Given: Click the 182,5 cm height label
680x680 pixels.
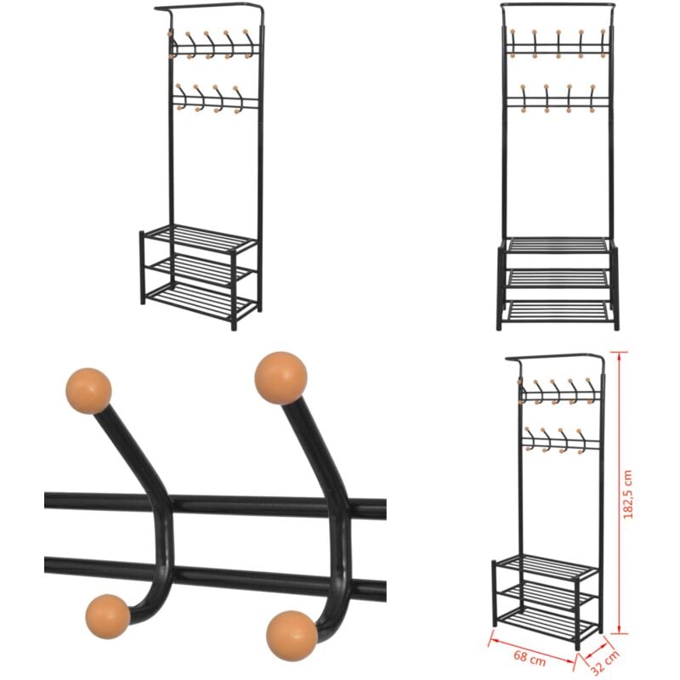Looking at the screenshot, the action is (x=627, y=494).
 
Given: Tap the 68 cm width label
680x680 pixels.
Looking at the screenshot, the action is (x=529, y=657).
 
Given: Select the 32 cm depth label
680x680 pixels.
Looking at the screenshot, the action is (x=605, y=662).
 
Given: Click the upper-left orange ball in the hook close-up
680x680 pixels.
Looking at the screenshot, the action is (x=88, y=391).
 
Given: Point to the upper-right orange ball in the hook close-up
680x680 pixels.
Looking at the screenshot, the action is (x=281, y=377).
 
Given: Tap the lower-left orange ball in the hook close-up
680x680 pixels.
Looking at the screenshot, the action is (x=108, y=616).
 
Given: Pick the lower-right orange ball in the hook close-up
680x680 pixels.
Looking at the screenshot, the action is (x=292, y=635).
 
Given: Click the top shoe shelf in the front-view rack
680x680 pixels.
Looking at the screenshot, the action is (x=558, y=244).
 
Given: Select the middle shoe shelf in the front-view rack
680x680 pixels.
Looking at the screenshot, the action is (x=558, y=278).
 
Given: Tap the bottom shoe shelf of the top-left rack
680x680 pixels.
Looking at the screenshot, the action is (x=201, y=300).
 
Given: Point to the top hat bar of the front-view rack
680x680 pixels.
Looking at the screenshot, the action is (x=558, y=5).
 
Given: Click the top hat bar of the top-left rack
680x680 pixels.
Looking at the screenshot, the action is (x=208, y=8).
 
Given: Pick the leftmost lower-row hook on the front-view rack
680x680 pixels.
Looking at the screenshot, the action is (x=524, y=98).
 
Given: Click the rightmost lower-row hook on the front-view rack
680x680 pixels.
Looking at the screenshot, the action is (x=592, y=98).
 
